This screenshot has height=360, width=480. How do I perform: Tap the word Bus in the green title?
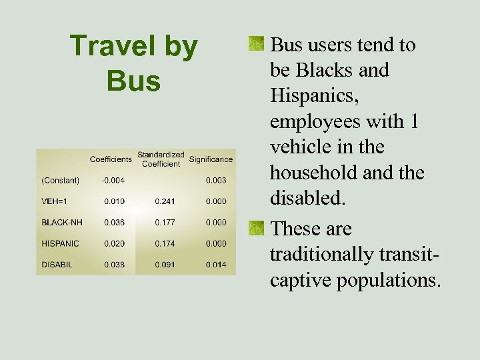[x=133, y=81]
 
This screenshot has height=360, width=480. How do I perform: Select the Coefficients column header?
[x=111, y=159]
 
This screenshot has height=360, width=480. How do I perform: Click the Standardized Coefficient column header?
[x=161, y=159]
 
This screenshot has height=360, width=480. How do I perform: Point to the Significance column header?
[x=211, y=159]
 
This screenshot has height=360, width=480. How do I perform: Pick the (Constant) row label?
[x=60, y=180]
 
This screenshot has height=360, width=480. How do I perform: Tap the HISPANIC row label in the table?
[x=60, y=244]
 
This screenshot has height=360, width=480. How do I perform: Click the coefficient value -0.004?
[x=112, y=180]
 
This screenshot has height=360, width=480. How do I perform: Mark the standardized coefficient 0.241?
[x=165, y=201]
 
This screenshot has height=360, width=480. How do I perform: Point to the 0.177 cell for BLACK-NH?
[x=165, y=223]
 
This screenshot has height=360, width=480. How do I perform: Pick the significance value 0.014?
[x=215, y=265]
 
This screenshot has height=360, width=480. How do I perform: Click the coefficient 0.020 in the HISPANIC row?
[x=114, y=244]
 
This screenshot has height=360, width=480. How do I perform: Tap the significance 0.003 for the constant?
[x=215, y=180]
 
